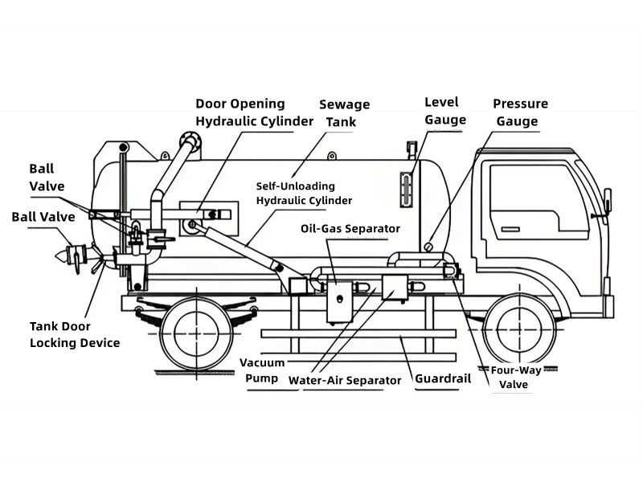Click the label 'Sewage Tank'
(x=344, y=113)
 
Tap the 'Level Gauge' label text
(x=445, y=111)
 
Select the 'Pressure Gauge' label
(x=520, y=112)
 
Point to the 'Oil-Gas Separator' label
(x=350, y=229)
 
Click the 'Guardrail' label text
(x=442, y=379)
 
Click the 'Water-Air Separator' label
(x=345, y=380)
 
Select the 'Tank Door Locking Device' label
(x=75, y=334)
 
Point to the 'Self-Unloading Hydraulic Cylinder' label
(x=303, y=193)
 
